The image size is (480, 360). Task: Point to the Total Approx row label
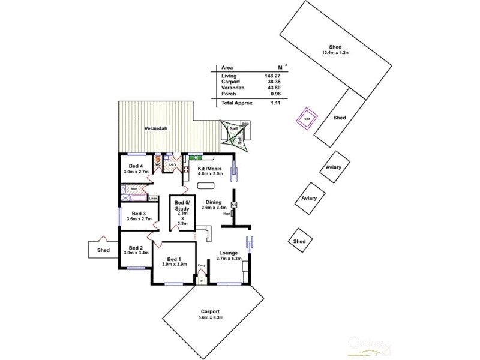click(x=237, y=103)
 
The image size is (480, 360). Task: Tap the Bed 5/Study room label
click(x=182, y=206)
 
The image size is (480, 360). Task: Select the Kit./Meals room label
click(x=210, y=169)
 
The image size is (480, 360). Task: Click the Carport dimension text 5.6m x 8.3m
click(x=211, y=317)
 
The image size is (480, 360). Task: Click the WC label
click(x=158, y=164)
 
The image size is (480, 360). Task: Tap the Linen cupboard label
click(x=154, y=197)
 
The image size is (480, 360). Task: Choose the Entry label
click(x=201, y=266)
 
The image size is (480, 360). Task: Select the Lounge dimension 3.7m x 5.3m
click(x=229, y=259)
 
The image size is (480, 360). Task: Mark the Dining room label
click(x=213, y=202)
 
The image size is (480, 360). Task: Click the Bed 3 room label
click(x=139, y=214)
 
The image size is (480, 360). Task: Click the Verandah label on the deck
click(x=155, y=128)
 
